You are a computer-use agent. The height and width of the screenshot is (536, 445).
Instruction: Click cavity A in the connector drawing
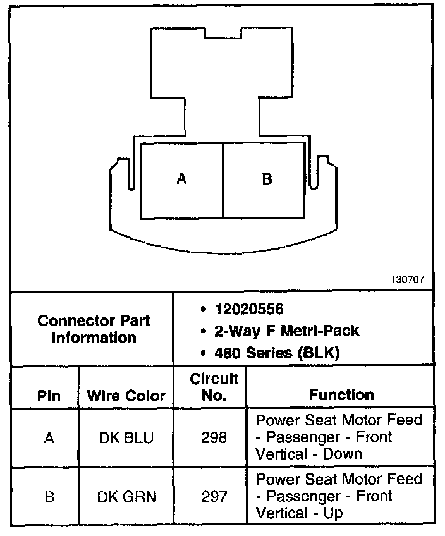(182, 180)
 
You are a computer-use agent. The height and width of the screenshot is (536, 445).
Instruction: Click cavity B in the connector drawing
(267, 180)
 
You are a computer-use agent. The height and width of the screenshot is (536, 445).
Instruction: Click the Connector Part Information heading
(94, 329)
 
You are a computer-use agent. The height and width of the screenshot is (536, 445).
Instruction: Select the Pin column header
(49, 396)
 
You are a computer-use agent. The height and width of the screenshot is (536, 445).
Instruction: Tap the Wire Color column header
(126, 396)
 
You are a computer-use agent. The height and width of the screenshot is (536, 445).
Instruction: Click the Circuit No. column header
(214, 387)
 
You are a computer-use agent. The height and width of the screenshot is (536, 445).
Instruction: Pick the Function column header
(341, 395)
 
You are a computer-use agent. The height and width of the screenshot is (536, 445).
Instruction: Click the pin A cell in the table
(49, 437)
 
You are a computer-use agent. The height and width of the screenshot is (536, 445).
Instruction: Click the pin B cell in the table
(49, 497)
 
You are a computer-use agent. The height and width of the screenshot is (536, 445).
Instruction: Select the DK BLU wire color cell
(126, 437)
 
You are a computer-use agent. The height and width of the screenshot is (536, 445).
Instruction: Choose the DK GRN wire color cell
(126, 497)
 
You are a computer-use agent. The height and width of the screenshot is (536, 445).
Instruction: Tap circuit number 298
(214, 437)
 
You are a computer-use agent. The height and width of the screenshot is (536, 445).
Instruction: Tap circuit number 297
(214, 497)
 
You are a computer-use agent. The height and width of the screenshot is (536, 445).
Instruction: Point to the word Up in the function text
(332, 513)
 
